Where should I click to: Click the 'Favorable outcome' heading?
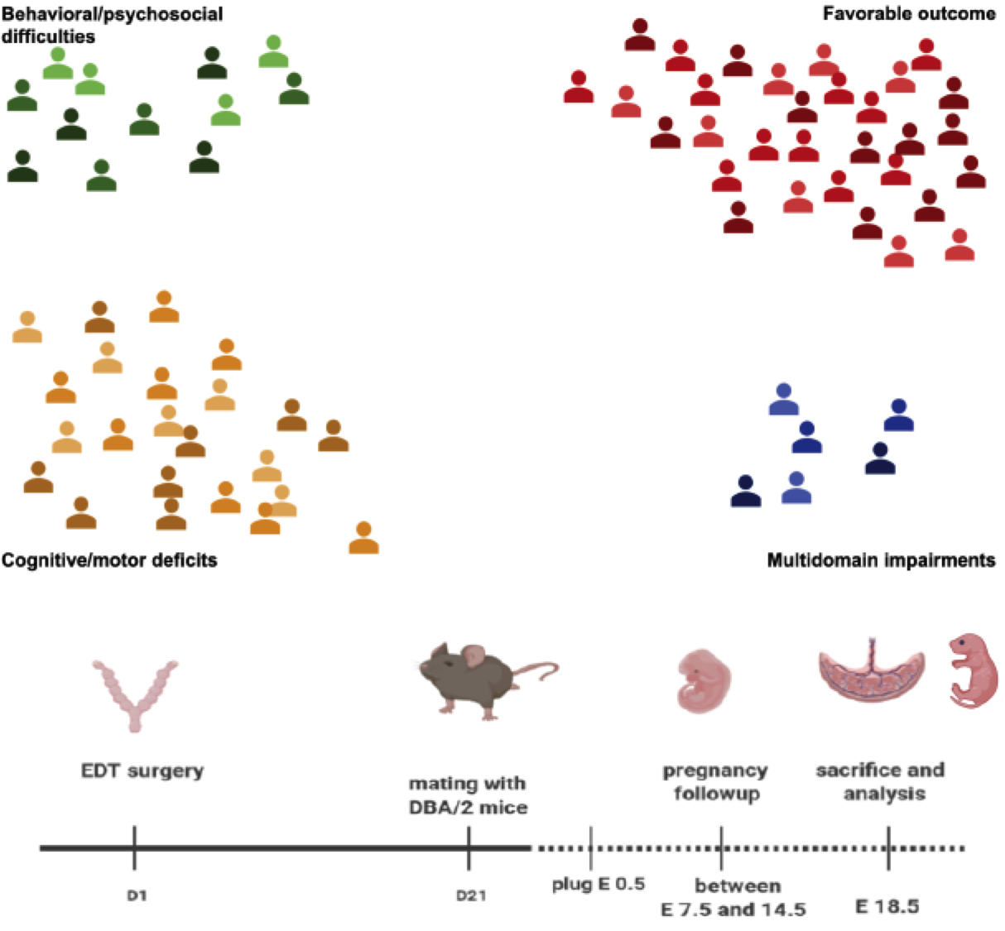tap(909, 14)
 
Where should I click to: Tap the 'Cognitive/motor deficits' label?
tap(109, 560)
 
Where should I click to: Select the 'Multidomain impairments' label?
tap(881, 560)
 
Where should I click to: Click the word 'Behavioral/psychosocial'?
tap(112, 14)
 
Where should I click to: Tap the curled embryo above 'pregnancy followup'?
tap(704, 682)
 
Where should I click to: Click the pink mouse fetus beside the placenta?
tap(973, 670)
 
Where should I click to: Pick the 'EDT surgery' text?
tap(142, 771)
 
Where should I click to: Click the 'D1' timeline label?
tap(137, 895)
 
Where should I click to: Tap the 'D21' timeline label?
tap(471, 895)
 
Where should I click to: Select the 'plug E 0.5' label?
tap(599, 884)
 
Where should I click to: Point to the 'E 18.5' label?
tap(887, 906)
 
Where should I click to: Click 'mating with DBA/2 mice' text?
tap(468, 795)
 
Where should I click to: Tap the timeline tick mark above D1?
tap(134, 848)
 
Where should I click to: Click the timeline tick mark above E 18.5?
tap(888, 848)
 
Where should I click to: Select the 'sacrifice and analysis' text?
tap(881, 782)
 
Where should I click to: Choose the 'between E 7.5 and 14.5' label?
tap(733, 898)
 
